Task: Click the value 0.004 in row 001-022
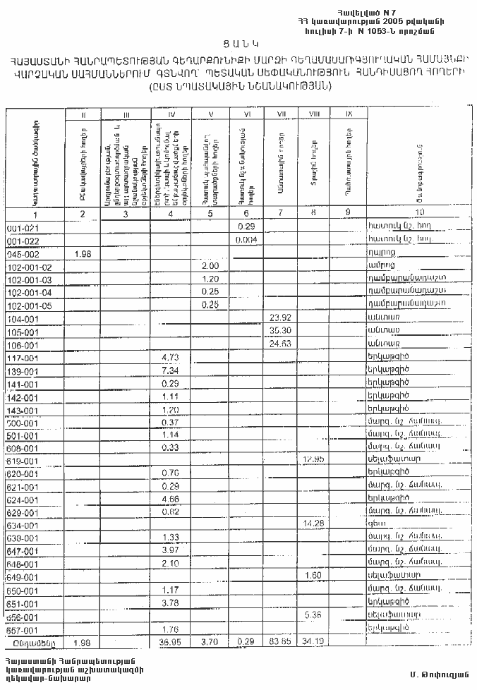point(246,239)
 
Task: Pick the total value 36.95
point(170,642)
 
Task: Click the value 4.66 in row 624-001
point(169,498)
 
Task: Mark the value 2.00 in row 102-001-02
point(209,265)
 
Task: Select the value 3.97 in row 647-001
point(169,550)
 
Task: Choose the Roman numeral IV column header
point(170,113)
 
